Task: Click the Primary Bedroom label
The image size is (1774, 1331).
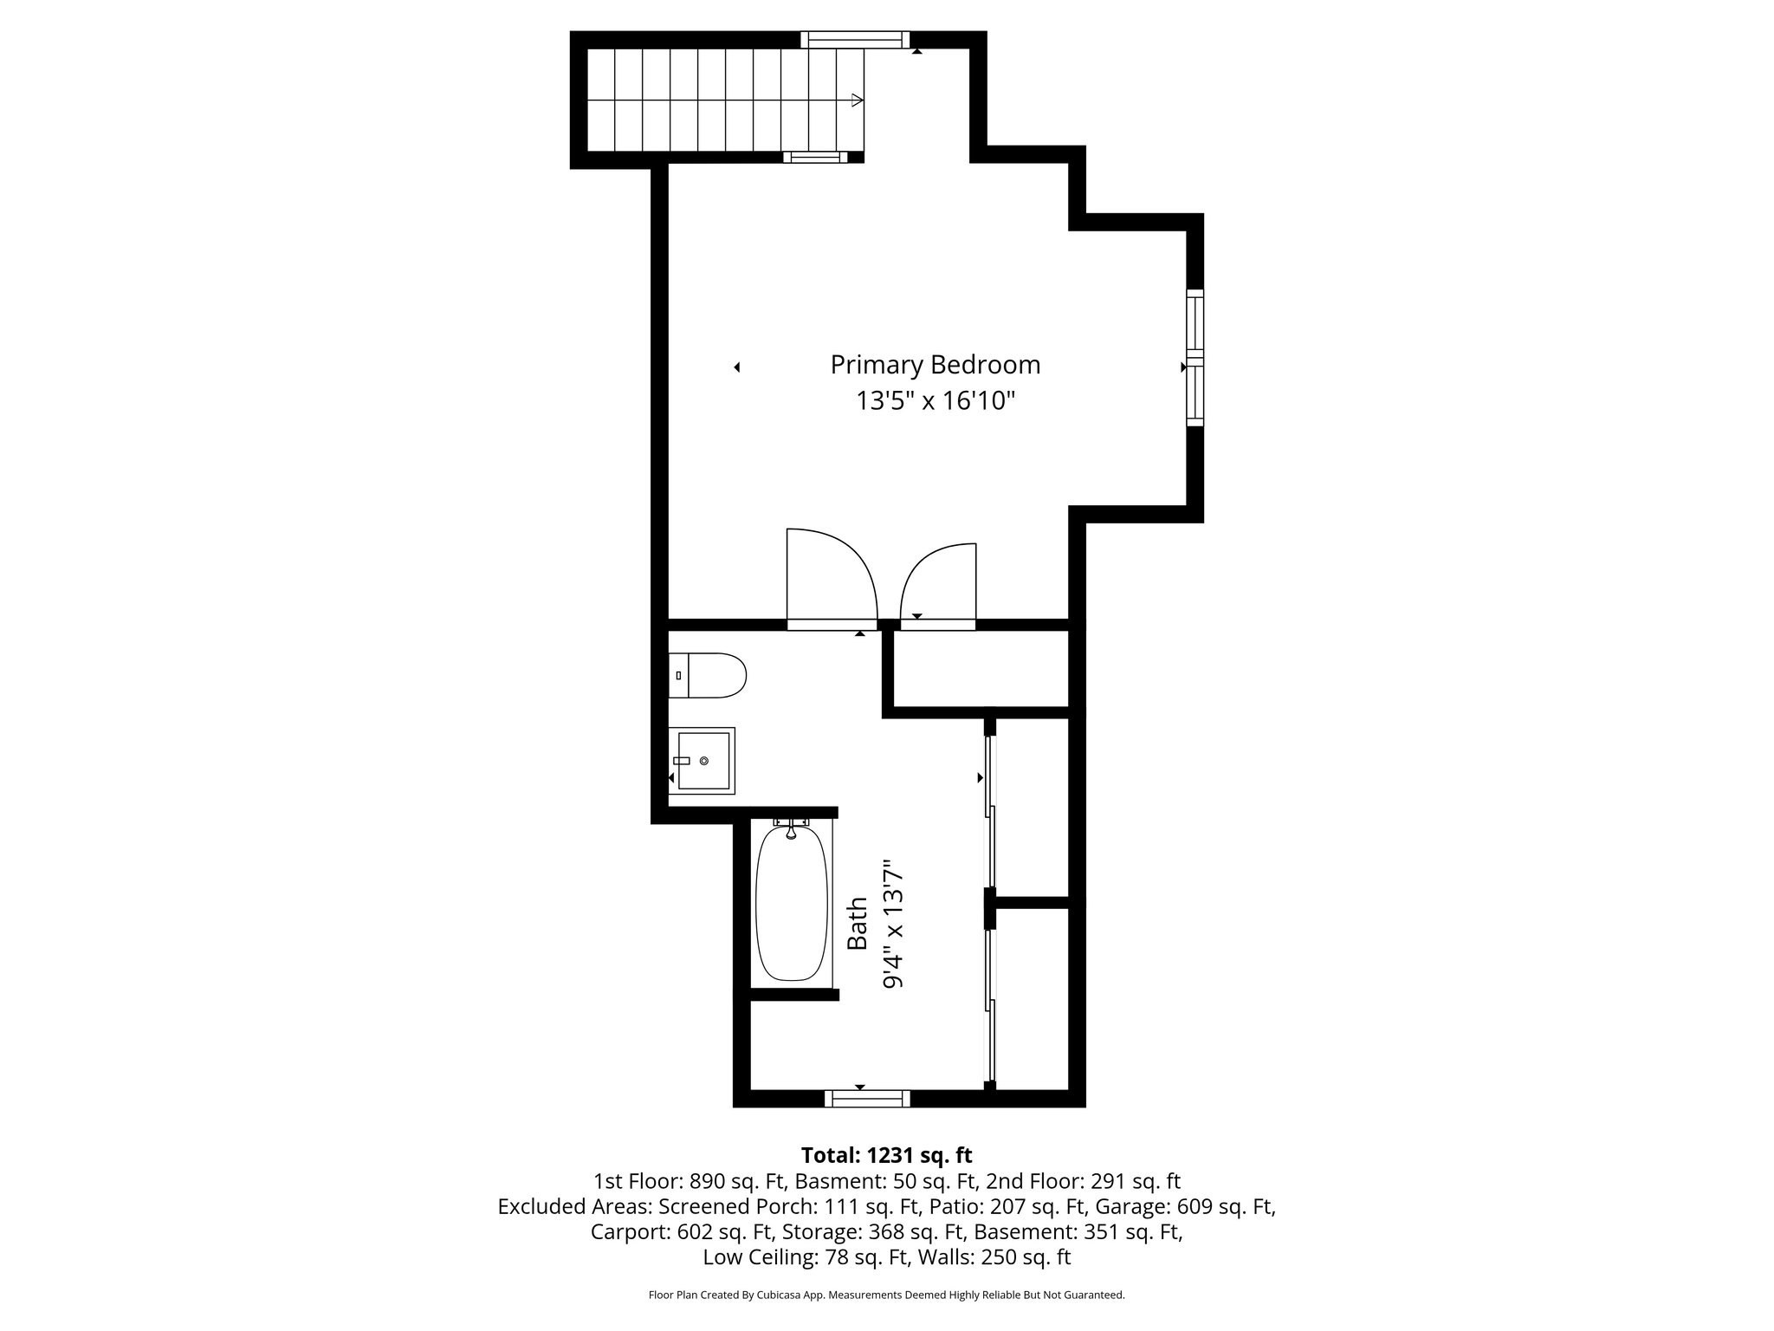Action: click(x=935, y=365)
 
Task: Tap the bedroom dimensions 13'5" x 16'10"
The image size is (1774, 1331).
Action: click(x=935, y=401)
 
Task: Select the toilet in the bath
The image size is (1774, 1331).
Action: click(x=709, y=676)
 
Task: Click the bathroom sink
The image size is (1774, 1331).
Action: click(x=702, y=761)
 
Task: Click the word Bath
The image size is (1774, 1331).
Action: click(x=857, y=924)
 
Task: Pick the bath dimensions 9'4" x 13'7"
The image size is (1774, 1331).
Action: click(x=893, y=924)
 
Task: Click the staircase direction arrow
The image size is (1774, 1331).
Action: click(x=857, y=101)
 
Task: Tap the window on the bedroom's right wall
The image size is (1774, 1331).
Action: click(x=1195, y=357)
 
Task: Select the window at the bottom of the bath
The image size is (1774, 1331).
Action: click(x=867, y=1099)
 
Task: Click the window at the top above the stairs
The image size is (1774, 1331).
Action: click(x=855, y=39)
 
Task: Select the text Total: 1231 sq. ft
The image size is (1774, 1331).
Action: click(x=886, y=1155)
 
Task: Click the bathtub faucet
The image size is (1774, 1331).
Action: click(x=791, y=830)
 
